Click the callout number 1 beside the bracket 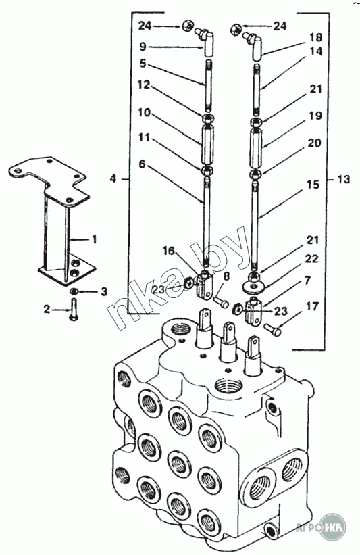tap(94, 239)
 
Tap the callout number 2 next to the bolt tap(47, 309)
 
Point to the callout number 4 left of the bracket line tap(113, 178)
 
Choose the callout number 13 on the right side tap(343, 179)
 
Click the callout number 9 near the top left tap(143, 47)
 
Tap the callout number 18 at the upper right tap(316, 37)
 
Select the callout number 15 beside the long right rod tap(313, 185)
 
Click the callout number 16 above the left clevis tap(168, 251)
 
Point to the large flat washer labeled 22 tap(253, 286)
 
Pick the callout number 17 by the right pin tap(312, 306)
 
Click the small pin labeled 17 tap(272, 330)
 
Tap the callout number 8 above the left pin tap(226, 276)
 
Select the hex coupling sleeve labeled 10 tap(207, 145)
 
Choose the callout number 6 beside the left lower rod tap(142, 164)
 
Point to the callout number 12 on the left tap(144, 85)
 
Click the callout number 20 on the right tap(314, 143)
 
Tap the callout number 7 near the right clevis tap(307, 281)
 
